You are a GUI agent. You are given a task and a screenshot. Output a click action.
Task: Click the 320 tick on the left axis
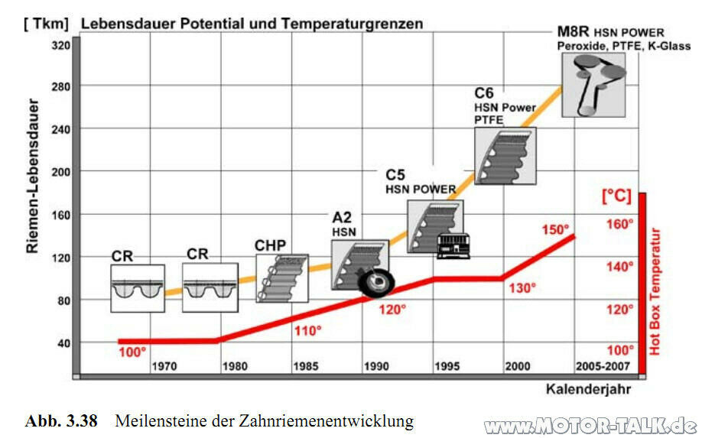point(60,46)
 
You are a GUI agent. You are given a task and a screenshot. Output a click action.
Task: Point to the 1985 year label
point(305,366)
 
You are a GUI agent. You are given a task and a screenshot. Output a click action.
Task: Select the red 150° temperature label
point(556,229)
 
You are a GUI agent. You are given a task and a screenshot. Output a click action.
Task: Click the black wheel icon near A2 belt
point(376,284)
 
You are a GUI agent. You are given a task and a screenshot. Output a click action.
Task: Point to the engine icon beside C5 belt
point(453,246)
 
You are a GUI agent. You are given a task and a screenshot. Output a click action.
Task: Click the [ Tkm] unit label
point(47,24)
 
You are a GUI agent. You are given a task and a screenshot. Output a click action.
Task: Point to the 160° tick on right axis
point(620,224)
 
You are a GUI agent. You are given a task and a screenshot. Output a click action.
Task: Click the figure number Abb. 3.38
point(61,420)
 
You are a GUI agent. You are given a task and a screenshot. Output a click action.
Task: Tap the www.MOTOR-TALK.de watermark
point(591,425)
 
